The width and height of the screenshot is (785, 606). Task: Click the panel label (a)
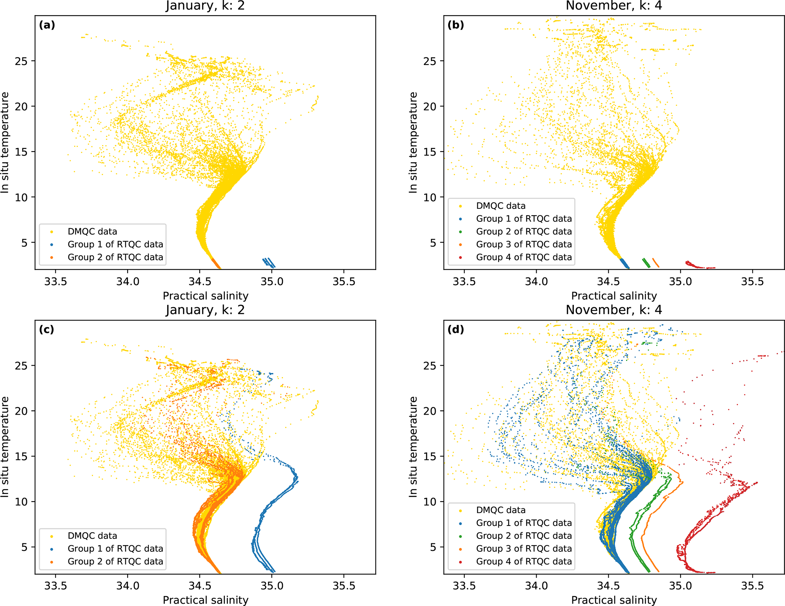point(47,25)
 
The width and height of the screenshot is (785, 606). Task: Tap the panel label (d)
point(456,330)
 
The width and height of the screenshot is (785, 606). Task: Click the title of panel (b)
point(614,6)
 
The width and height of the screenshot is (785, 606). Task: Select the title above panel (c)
point(205,310)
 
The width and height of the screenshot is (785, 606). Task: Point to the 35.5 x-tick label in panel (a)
point(344,282)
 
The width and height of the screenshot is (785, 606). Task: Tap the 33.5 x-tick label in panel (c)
point(55,586)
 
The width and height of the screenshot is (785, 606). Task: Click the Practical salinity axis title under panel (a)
point(205,296)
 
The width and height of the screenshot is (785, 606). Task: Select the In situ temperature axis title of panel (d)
point(413,447)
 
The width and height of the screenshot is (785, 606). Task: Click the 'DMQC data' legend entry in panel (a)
point(92,232)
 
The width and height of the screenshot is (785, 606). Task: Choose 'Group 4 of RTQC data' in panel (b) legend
point(524,257)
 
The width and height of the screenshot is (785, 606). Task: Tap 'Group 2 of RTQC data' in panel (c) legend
point(115,562)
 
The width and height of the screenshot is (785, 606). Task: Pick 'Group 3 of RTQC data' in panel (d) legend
point(524,549)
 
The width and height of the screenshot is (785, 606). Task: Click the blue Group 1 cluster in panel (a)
point(269,262)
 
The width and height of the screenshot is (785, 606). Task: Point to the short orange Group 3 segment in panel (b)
point(655,263)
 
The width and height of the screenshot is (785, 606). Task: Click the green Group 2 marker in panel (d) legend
point(461,536)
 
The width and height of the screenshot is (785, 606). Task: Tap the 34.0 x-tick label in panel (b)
point(536,282)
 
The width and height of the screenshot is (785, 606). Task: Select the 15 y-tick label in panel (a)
point(21,152)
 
